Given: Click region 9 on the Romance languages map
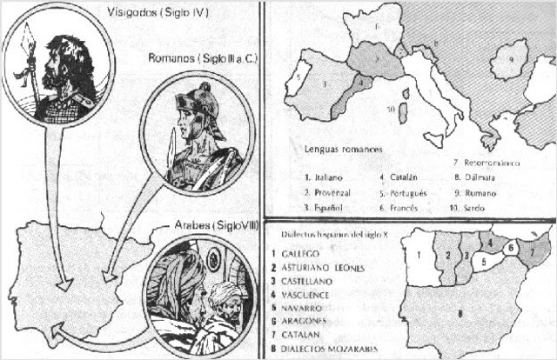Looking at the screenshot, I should coord(513,64).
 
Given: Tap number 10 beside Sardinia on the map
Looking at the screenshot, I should coord(393,110).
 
